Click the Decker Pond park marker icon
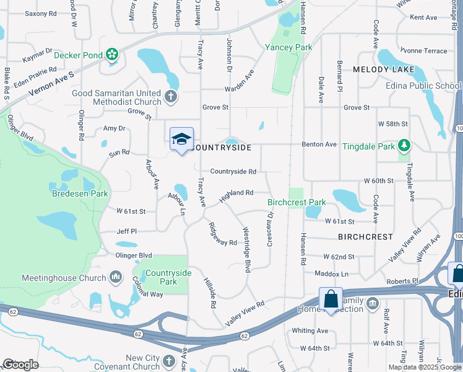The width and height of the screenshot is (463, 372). click(112, 55)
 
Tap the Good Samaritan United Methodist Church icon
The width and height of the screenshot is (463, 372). click(171, 97)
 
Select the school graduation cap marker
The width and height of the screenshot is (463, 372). click(181, 139)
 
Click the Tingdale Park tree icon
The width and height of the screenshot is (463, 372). click(404, 145)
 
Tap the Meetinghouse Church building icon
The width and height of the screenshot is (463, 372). click(116, 277)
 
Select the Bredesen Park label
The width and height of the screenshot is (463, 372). click(80, 194)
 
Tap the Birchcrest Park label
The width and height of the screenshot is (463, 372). click(296, 202)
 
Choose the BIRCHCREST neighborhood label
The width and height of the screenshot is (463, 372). click(366, 237)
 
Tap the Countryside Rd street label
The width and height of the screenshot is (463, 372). click(233, 171)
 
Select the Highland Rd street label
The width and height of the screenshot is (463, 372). click(236, 194)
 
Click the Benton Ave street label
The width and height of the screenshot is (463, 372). click(319, 144)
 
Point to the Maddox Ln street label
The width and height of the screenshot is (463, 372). click(332, 273)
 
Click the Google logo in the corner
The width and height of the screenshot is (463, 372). click(21, 365)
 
